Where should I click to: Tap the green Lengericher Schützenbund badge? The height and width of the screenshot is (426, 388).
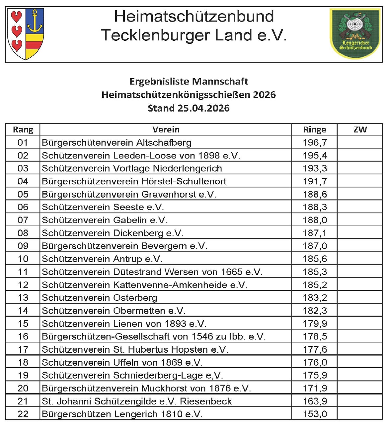pyautogui.click(x=355, y=33)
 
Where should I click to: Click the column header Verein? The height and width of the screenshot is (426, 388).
pyautogui.click(x=166, y=130)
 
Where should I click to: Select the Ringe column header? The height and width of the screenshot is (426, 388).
pyautogui.click(x=314, y=130)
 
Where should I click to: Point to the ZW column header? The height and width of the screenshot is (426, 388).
pyautogui.click(x=360, y=130)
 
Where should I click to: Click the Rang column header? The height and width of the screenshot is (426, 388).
pyautogui.click(x=23, y=130)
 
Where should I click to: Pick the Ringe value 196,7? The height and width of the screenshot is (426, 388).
pyautogui.click(x=315, y=143)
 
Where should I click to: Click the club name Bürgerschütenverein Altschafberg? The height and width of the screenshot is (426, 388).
pyautogui.click(x=116, y=143)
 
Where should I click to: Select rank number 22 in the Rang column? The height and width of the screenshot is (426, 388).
pyautogui.click(x=23, y=414)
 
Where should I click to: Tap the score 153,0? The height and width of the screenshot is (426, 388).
pyautogui.click(x=315, y=414)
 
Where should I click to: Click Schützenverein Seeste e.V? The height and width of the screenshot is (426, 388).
pyautogui.click(x=103, y=207)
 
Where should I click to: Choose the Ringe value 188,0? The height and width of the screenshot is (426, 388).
pyautogui.click(x=315, y=220)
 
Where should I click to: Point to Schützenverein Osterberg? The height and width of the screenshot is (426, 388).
pyautogui.click(x=100, y=298)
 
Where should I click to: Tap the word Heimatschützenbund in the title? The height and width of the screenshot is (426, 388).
pyautogui.click(x=194, y=16)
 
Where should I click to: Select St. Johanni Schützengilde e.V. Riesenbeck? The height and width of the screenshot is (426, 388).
pyautogui.click(x=137, y=401)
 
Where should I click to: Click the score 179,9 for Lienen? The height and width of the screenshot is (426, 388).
pyautogui.click(x=315, y=324)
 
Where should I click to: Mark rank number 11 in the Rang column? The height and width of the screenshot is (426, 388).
pyautogui.click(x=23, y=272)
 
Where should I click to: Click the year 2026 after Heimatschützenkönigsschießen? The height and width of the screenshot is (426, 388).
pyautogui.click(x=264, y=95)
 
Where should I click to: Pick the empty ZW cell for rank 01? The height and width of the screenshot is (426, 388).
pyautogui.click(x=360, y=143)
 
